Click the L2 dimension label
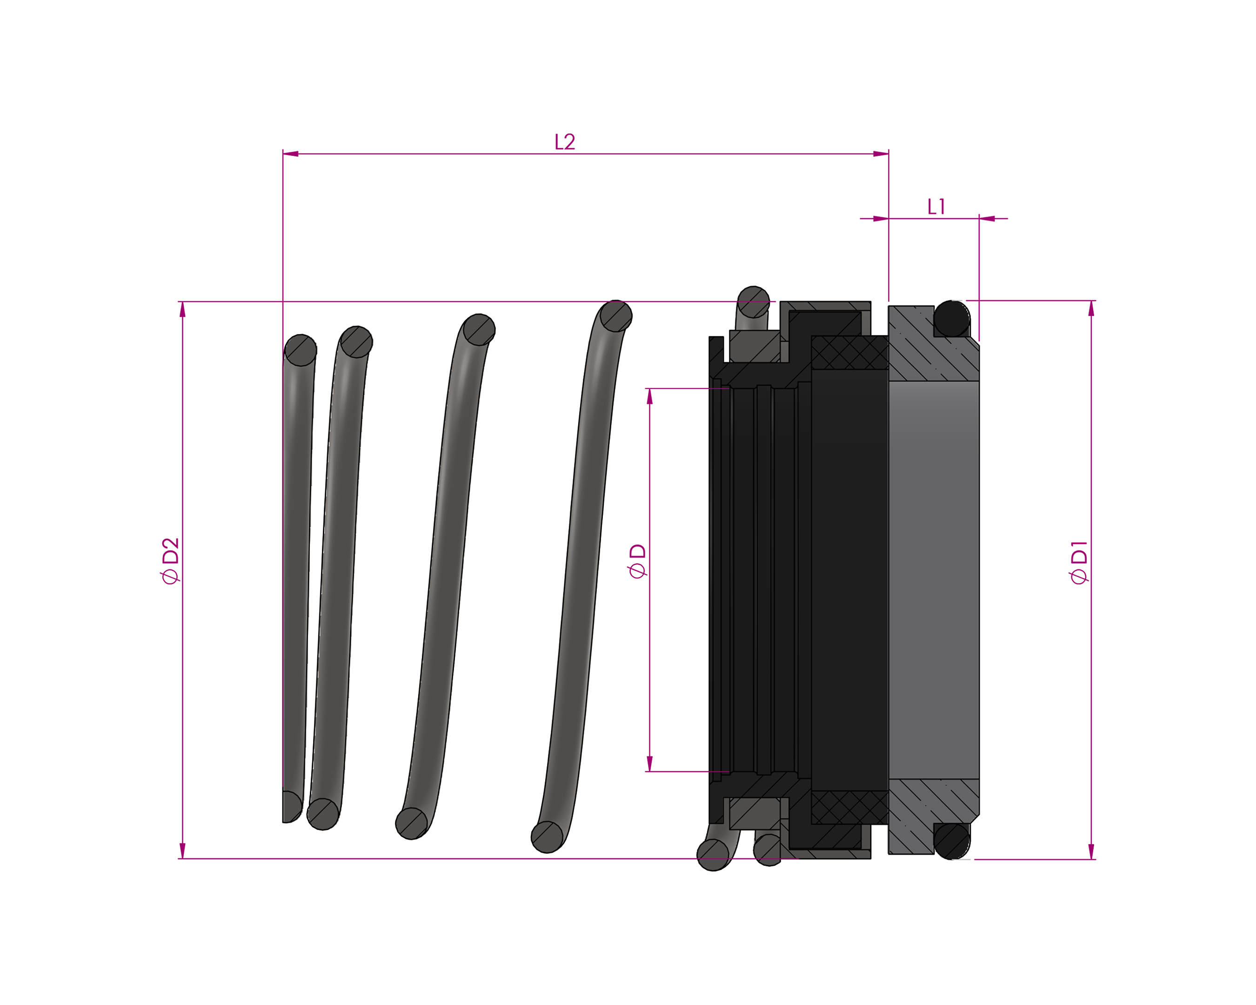point(564,142)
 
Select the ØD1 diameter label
point(1078,562)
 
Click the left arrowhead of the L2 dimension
point(291,154)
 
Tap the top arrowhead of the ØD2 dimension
point(182,309)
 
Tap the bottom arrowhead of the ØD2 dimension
point(182,851)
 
